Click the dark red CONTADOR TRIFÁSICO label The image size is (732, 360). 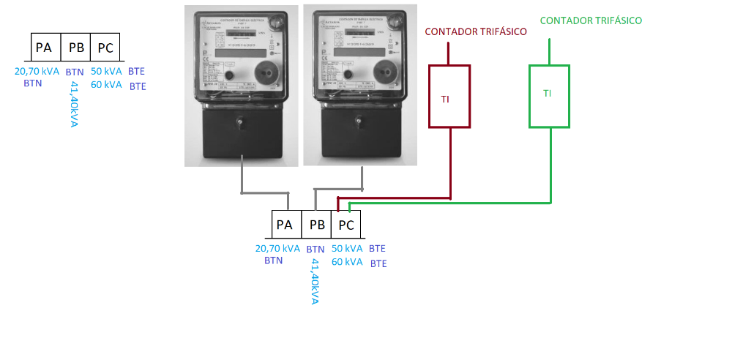[x=476, y=32]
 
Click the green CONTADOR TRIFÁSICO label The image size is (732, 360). [x=591, y=20]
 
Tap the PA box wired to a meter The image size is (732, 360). [x=285, y=225]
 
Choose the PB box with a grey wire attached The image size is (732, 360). [x=317, y=225]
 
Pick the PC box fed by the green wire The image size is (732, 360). [x=346, y=225]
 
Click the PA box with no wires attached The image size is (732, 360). [x=45, y=48]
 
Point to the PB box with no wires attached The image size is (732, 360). [x=75, y=48]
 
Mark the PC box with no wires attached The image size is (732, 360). [x=105, y=48]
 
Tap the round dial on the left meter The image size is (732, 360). [x=266, y=73]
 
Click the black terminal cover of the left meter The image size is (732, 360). [x=239, y=132]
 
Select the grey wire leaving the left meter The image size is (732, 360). [x=242, y=179]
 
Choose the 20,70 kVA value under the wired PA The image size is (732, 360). [x=277, y=248]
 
